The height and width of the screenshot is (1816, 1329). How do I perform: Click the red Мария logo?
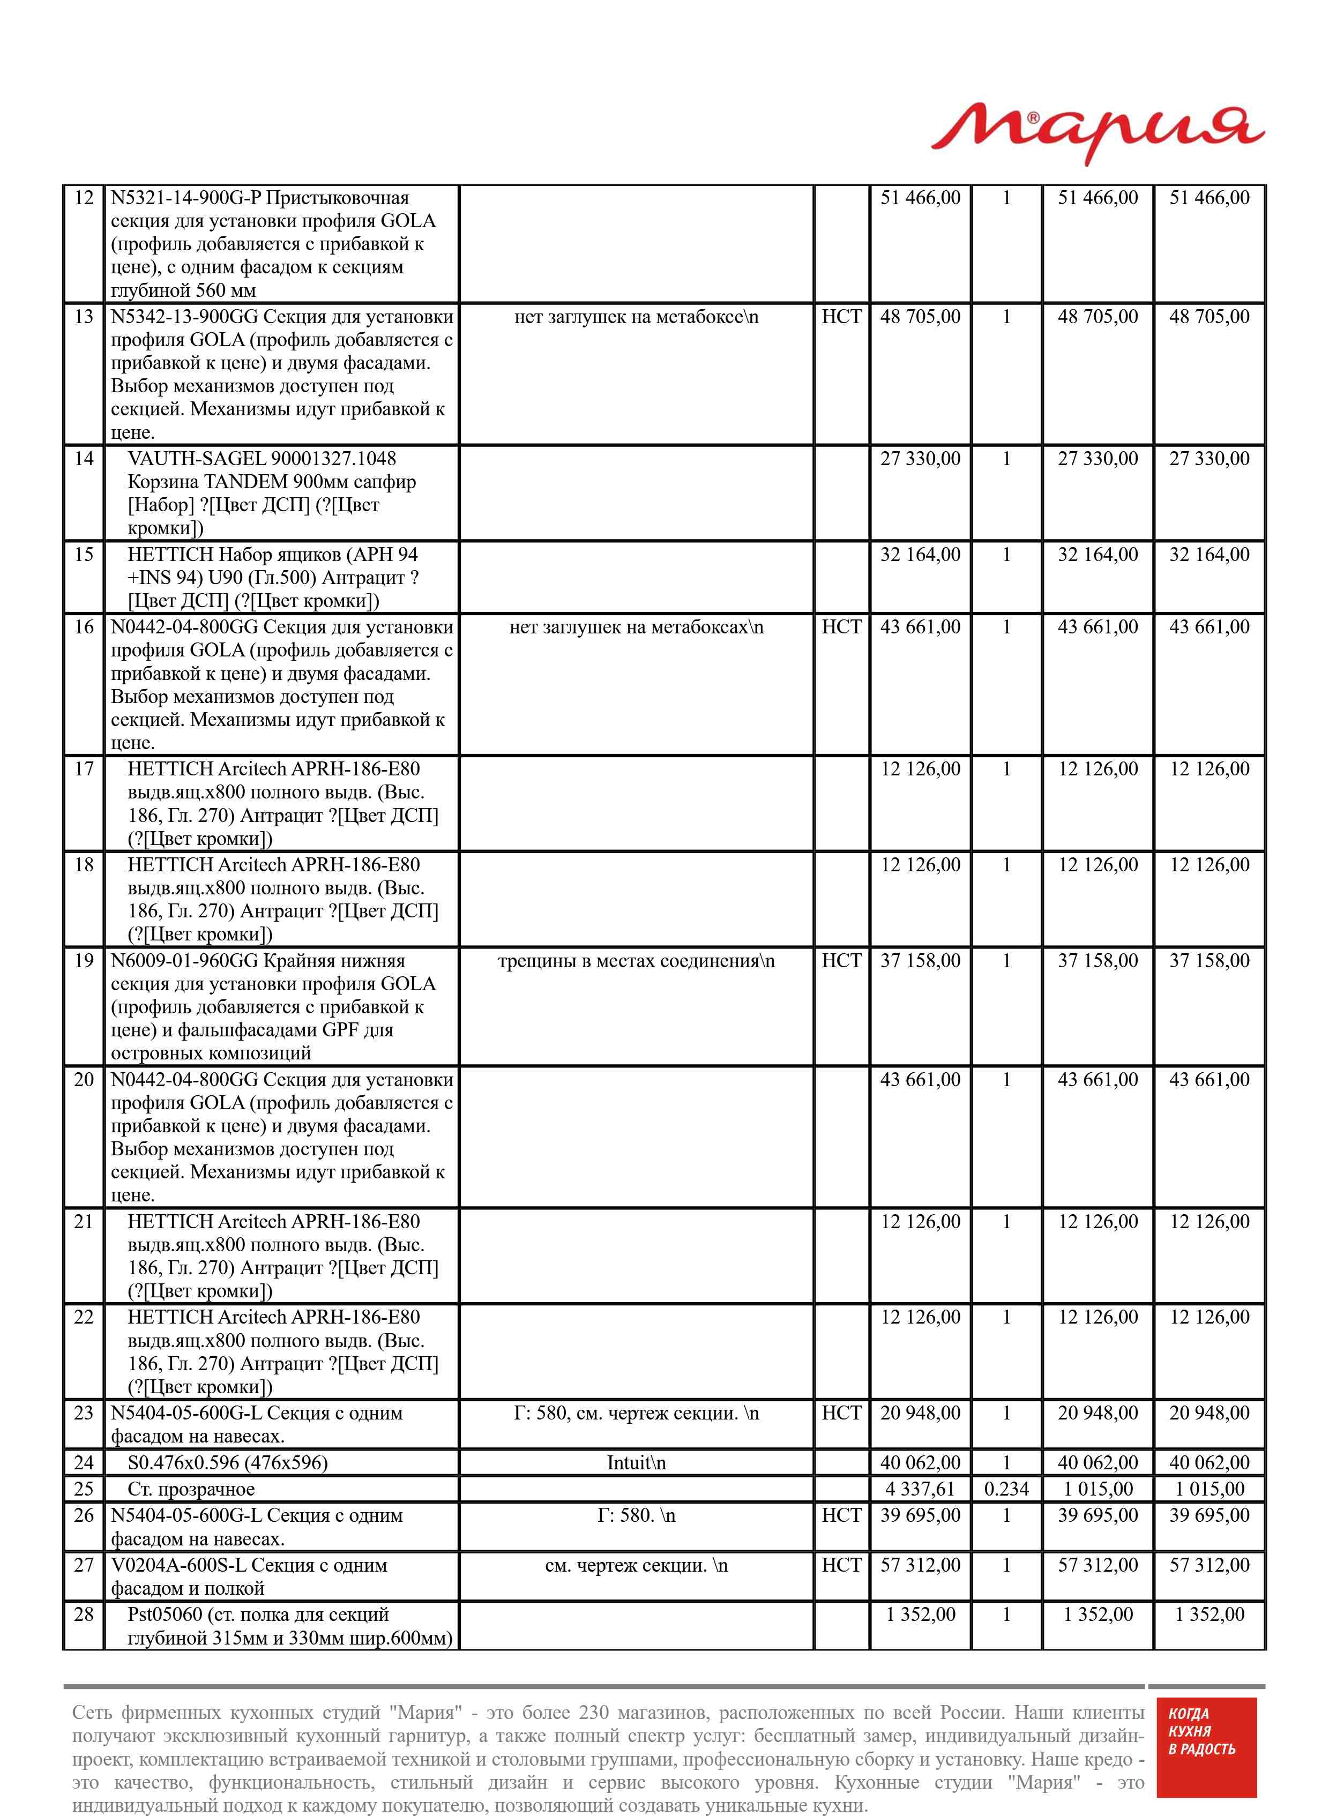coord(1097,133)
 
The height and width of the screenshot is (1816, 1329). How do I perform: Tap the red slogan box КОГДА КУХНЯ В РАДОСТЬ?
coord(1206,1744)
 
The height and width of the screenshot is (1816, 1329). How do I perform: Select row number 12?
coord(84,198)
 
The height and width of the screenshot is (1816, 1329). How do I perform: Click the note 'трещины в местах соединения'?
coord(636,961)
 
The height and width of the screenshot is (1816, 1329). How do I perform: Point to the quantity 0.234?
coord(1006,1489)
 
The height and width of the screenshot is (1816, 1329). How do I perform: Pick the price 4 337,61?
coord(920,1489)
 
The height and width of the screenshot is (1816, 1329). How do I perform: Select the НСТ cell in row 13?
coord(841,317)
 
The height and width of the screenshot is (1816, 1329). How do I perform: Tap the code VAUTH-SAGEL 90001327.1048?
coord(262,459)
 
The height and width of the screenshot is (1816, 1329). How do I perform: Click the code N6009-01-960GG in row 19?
coord(184,961)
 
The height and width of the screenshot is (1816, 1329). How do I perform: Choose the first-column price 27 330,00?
coord(920,459)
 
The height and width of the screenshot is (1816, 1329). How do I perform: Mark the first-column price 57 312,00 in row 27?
coord(920,1565)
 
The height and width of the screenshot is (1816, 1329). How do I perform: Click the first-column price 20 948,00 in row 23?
coord(920,1413)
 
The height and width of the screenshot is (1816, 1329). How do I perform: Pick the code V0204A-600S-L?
coord(178,1565)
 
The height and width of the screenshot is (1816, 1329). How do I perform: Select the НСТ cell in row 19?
coord(841,961)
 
